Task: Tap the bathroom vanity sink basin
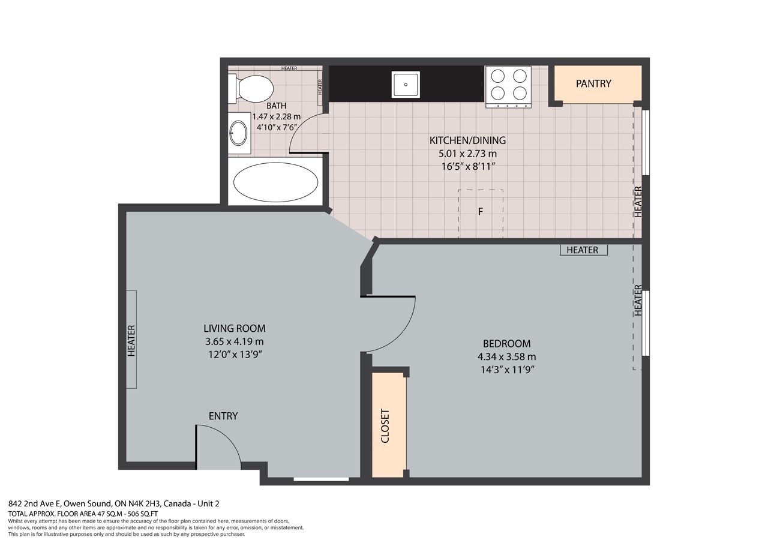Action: point(238,133)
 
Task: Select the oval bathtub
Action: point(275,182)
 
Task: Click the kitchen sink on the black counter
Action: point(406,85)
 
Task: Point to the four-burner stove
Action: point(508,87)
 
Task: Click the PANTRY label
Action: point(593,83)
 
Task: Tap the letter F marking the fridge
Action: point(481,212)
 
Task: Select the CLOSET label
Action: point(385,426)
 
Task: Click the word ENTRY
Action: point(223,416)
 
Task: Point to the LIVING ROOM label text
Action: point(235,328)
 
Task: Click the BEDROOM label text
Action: point(507,343)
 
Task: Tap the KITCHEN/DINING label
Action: point(467,140)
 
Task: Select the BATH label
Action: point(277,106)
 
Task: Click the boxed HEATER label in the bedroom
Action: point(584,250)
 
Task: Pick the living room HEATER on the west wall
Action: point(131,341)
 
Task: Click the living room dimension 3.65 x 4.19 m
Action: point(235,341)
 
